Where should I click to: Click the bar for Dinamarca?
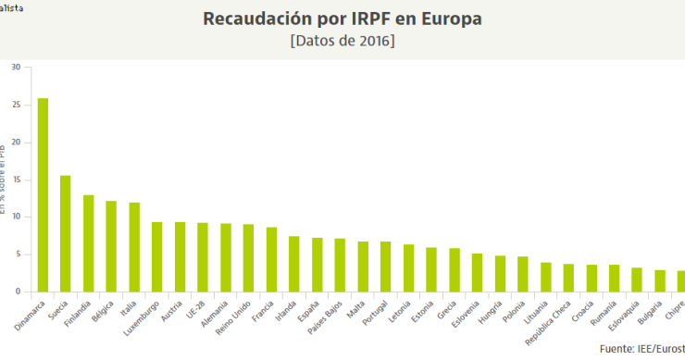tap(43, 195)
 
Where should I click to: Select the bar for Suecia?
tap(66, 233)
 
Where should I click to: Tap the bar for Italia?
tap(134, 247)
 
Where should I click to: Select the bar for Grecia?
tap(455, 269)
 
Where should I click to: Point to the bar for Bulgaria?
tap(660, 280)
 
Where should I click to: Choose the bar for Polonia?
tap(523, 274)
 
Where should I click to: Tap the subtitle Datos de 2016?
tap(342, 42)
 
